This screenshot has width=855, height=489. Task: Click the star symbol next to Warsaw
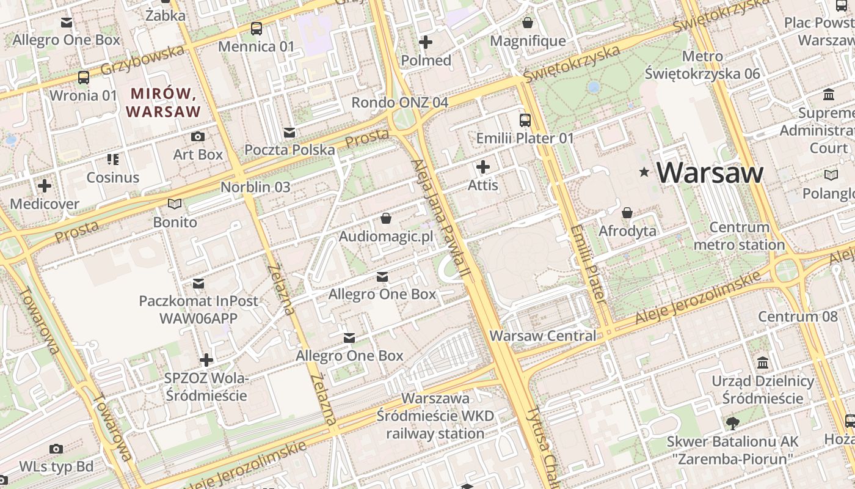[644, 172]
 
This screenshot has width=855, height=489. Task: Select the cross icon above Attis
[483, 166]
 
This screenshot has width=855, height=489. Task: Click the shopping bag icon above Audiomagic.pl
[386, 218]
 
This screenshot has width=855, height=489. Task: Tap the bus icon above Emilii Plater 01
[525, 120]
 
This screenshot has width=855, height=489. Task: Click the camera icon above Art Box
[198, 136]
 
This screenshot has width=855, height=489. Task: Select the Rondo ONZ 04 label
[399, 102]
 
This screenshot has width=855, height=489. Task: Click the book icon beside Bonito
[175, 204]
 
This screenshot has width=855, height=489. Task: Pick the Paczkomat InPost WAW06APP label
[198, 309]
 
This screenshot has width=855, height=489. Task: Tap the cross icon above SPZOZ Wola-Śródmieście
[206, 360]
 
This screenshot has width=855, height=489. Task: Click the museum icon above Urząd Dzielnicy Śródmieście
[763, 363]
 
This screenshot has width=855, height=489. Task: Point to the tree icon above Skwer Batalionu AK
[732, 423]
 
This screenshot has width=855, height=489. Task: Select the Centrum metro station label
[739, 236]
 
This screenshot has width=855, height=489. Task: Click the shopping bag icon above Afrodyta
[627, 213]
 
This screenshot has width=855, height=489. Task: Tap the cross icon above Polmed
[426, 42]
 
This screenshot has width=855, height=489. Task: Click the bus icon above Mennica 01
[256, 28]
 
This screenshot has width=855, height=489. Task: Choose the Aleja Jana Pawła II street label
[438, 220]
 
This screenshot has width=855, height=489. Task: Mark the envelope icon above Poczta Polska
[289, 132]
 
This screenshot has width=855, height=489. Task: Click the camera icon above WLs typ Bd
[56, 449]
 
